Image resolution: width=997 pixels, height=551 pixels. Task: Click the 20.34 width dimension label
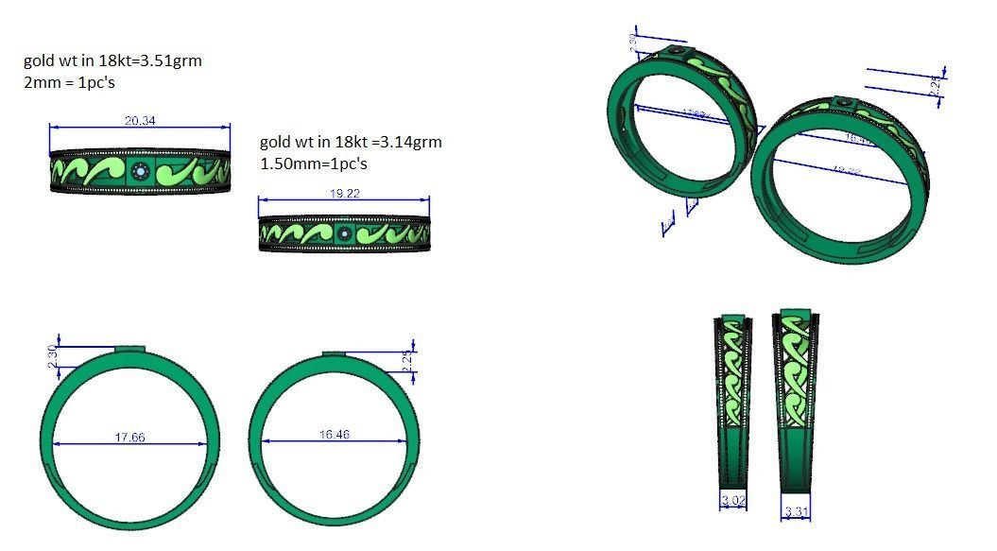tap(140, 120)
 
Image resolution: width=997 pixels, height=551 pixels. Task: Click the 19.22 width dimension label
tap(343, 193)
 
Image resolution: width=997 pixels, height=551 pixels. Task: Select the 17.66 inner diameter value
tap(129, 437)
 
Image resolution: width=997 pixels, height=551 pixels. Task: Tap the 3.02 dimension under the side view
tap(732, 498)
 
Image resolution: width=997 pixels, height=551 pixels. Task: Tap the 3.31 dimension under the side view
tap(797, 512)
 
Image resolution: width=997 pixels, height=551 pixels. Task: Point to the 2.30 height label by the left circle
tap(53, 356)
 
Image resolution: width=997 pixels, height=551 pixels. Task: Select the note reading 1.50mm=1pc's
tap(313, 164)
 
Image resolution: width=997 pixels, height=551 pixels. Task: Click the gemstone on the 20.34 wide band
tap(141, 172)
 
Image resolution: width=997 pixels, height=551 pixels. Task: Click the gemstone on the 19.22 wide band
tap(344, 233)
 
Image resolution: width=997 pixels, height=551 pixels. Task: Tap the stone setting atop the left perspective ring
tap(679, 51)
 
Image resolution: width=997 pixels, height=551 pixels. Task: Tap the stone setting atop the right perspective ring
tap(844, 103)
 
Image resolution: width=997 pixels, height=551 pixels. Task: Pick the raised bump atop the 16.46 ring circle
tap(335, 354)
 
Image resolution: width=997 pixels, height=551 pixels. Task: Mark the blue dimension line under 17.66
tap(129, 444)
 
